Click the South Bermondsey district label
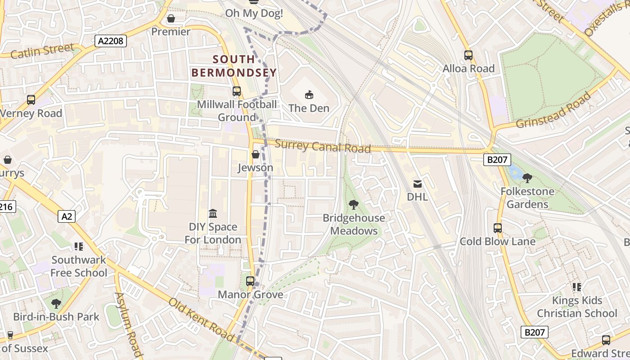click(x=234, y=66)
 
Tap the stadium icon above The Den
click(x=309, y=94)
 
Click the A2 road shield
click(x=67, y=216)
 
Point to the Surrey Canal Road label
click(x=322, y=146)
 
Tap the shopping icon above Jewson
click(x=256, y=154)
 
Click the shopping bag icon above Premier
click(x=171, y=18)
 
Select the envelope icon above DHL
click(x=417, y=184)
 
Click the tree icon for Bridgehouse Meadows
click(x=354, y=205)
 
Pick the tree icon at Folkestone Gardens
click(x=527, y=178)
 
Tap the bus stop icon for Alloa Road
click(x=468, y=55)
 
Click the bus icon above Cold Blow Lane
click(x=498, y=228)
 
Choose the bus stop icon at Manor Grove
click(x=250, y=281)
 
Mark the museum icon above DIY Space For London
click(x=213, y=213)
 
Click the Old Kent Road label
click(x=201, y=320)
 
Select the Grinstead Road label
click(x=553, y=111)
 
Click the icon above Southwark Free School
click(x=79, y=247)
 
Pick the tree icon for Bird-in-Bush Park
click(x=56, y=304)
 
